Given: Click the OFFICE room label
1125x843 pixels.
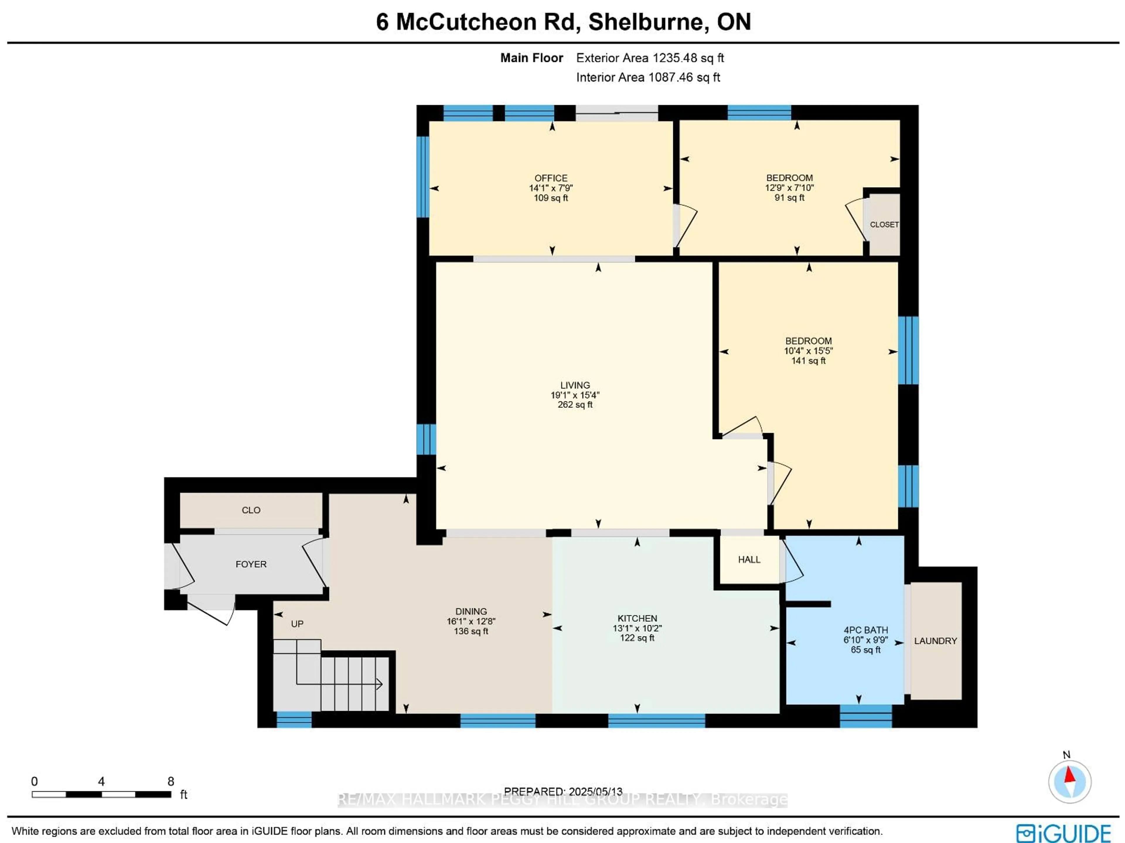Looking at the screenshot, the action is [x=551, y=178].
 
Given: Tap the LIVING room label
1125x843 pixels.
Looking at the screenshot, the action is [x=575, y=385].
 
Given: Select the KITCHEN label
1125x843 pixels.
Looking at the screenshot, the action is [x=637, y=618].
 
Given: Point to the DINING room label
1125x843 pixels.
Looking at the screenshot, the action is [x=471, y=611].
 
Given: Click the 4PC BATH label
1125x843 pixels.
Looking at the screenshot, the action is [x=866, y=630].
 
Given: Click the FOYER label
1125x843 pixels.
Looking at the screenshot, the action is [x=251, y=564].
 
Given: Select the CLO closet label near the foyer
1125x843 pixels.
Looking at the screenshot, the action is [x=251, y=510].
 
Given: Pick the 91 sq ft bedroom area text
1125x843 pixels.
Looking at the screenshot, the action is [x=789, y=198].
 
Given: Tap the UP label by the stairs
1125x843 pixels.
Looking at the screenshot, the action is [x=297, y=624].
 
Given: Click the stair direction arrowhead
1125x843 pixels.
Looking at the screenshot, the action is [x=379, y=684].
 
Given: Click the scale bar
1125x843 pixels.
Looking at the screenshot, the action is [x=101, y=794].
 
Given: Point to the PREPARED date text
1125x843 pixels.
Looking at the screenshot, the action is [x=563, y=792].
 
